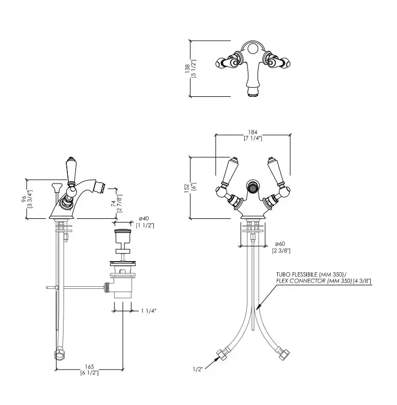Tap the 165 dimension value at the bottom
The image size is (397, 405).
(x=89, y=366)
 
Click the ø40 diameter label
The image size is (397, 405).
(x=143, y=218)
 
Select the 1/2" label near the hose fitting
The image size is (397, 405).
(x=198, y=368)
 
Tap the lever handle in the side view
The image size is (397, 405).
(x=69, y=170)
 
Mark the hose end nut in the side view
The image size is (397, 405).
(x=58, y=354)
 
